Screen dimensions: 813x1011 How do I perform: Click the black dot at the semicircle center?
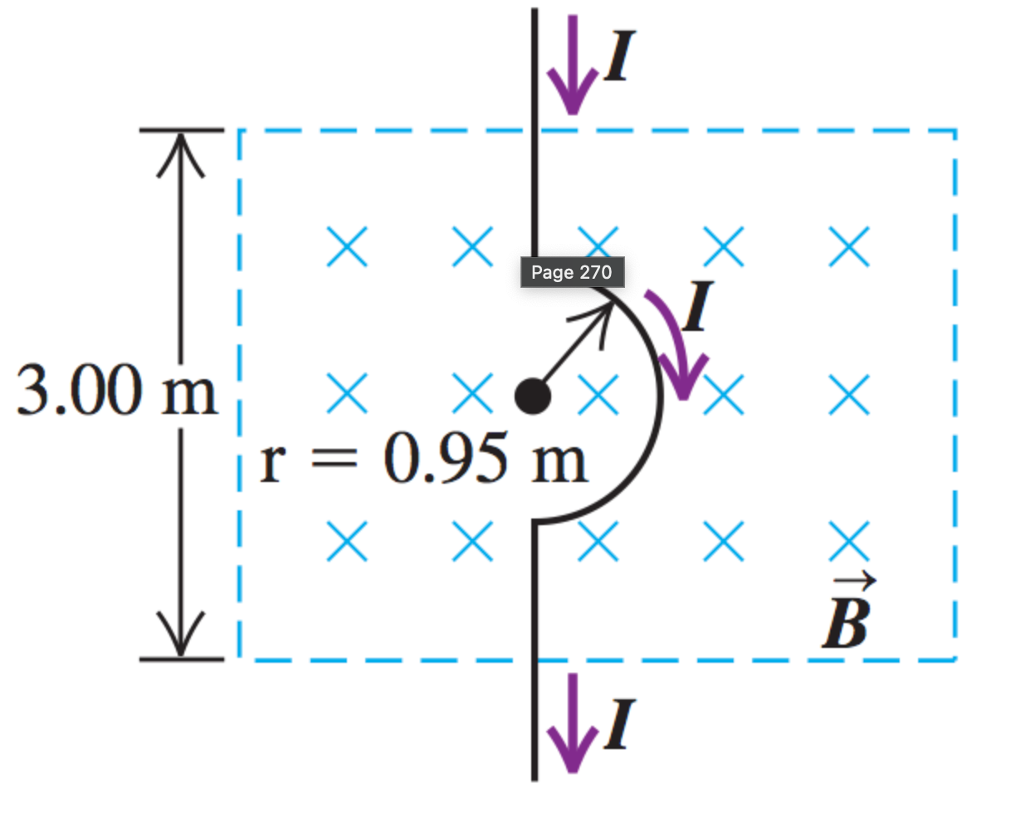tap(532, 396)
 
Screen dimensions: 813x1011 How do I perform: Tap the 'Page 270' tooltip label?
tap(572, 272)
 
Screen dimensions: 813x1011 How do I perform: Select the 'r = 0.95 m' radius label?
tap(423, 462)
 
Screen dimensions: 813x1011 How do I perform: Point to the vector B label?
tap(846, 619)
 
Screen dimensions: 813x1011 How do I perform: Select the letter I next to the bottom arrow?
tap(616, 724)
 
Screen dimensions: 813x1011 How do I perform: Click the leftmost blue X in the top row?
tap(347, 246)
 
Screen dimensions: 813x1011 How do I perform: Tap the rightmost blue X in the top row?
tap(849, 246)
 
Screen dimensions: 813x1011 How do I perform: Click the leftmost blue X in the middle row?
tap(347, 393)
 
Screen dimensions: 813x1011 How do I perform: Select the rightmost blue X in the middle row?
tap(849, 393)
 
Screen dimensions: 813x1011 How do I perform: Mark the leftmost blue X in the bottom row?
tap(347, 541)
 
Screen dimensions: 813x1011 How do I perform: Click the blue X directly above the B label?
tap(849, 541)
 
